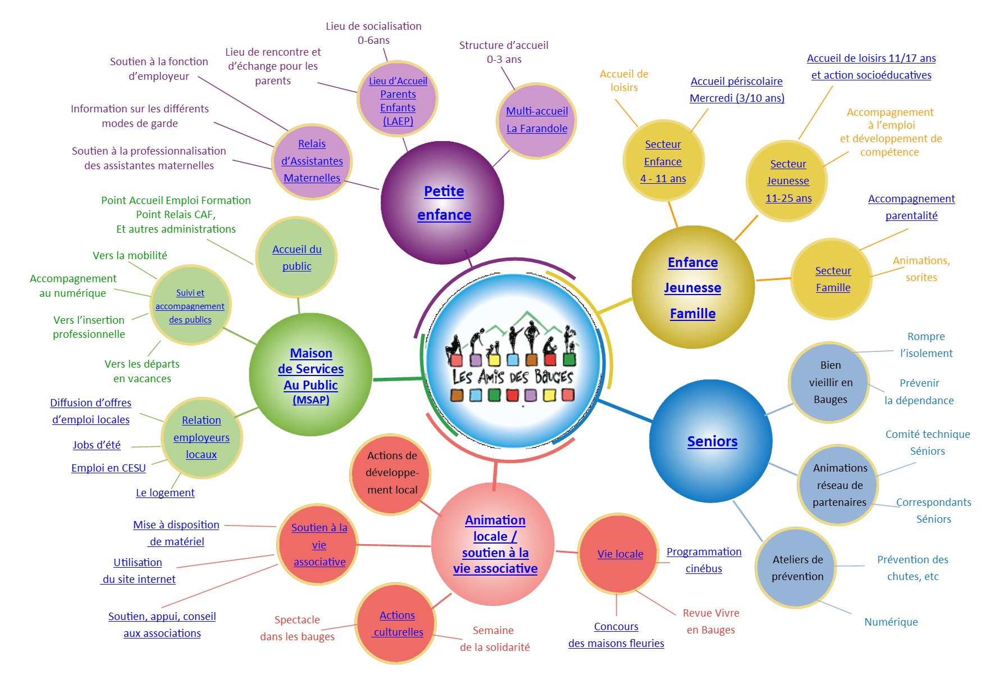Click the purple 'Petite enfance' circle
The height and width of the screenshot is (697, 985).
click(x=443, y=202)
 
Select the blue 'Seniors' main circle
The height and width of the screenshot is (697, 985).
click(x=711, y=441)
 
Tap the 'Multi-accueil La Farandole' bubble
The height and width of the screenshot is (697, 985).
click(x=537, y=120)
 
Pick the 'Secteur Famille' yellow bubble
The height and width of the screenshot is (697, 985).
click(x=832, y=279)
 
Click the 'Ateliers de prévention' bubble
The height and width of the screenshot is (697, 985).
click(x=796, y=568)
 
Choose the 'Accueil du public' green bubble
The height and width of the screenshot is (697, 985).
click(x=297, y=257)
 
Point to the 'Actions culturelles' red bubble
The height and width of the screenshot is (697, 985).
click(x=396, y=623)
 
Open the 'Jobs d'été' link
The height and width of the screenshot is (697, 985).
click(x=97, y=445)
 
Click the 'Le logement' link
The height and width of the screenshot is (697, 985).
click(x=165, y=492)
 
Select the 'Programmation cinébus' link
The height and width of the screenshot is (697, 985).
click(x=704, y=560)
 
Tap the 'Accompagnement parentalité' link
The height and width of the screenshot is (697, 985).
click(x=911, y=207)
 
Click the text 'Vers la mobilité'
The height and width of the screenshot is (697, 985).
click(x=130, y=255)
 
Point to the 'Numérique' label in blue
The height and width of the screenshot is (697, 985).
click(x=891, y=622)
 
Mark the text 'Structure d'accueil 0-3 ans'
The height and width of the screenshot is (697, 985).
click(x=504, y=52)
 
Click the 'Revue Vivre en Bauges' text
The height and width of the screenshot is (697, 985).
click(x=711, y=621)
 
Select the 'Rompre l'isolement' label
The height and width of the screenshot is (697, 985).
click(x=926, y=345)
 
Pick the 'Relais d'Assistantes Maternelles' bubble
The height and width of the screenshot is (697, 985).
click(x=312, y=161)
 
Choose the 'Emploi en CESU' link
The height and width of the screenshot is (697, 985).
click(x=108, y=468)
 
